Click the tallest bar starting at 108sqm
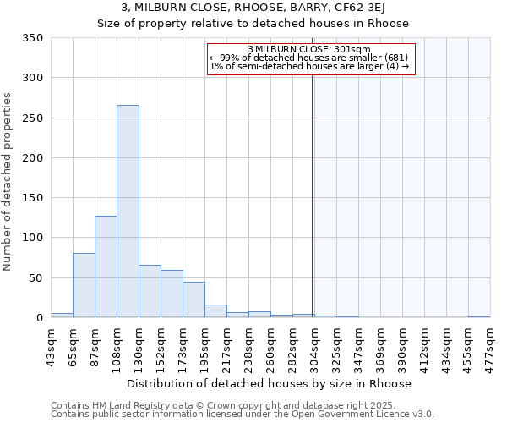[128, 211]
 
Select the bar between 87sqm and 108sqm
[106, 266]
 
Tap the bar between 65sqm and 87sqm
[84, 285]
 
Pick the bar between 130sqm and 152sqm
[150, 291]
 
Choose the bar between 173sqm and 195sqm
[194, 299]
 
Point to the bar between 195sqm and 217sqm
[215, 310]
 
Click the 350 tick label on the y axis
[32, 38]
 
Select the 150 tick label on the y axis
[32, 198]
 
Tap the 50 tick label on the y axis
[35, 278]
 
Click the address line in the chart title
[253, 8]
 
